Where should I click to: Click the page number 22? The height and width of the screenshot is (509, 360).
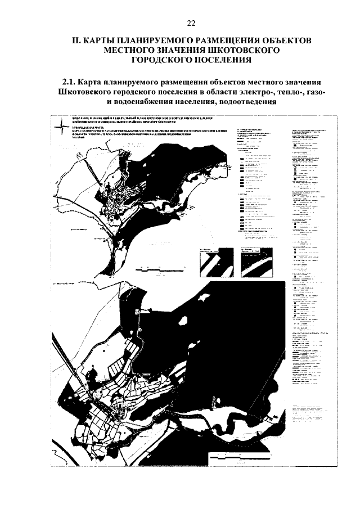(190, 23)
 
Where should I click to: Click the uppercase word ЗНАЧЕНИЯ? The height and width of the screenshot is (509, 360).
(199, 51)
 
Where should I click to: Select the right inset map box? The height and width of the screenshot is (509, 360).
(256, 261)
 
